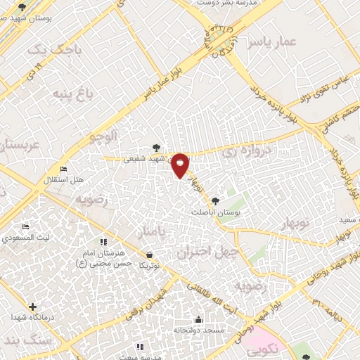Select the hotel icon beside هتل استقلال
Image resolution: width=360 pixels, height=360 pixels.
pos(64,169)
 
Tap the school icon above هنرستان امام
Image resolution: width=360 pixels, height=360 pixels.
pos(103,243)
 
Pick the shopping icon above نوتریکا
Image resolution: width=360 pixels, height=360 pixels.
pos(149,255)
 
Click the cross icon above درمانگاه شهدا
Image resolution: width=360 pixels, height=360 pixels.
pos(32,306)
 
